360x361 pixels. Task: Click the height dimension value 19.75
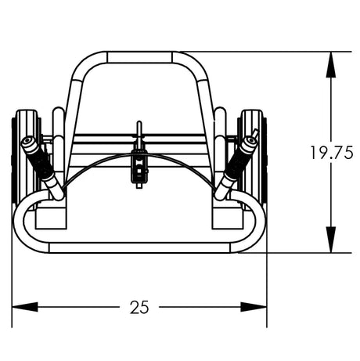point(331,153)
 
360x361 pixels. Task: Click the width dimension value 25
point(139,307)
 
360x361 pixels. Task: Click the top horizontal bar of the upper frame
point(139,57)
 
